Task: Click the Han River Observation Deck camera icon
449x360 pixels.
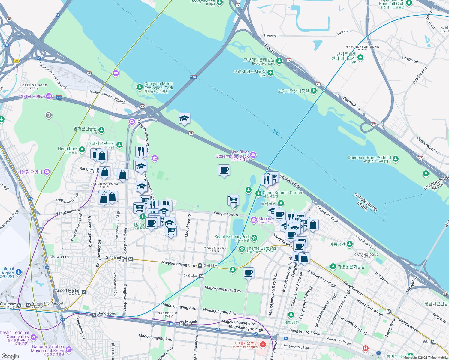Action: [253, 155]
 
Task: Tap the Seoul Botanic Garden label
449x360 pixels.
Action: [283, 193]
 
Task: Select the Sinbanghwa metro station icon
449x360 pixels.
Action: [131, 259]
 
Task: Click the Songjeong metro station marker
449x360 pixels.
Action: [94, 315]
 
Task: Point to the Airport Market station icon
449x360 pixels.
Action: [84, 292]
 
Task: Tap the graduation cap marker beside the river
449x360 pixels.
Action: [184, 118]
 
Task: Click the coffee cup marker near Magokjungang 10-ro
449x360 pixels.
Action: [248, 273]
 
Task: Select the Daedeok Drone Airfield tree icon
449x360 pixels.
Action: [396, 159]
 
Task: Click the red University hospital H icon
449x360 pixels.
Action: [263, 344]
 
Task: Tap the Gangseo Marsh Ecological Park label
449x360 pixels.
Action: [159, 86]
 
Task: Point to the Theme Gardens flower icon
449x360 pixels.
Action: [242, 249]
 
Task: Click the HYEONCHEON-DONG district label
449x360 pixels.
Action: [362, 47]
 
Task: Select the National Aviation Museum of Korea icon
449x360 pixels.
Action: [69, 349]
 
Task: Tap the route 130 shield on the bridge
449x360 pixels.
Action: [193, 77]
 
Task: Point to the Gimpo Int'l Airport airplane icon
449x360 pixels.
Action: [19, 272]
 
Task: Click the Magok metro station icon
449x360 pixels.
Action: [182, 323]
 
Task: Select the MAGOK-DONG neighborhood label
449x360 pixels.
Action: [215, 248]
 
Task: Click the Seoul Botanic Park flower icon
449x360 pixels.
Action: [254, 238]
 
